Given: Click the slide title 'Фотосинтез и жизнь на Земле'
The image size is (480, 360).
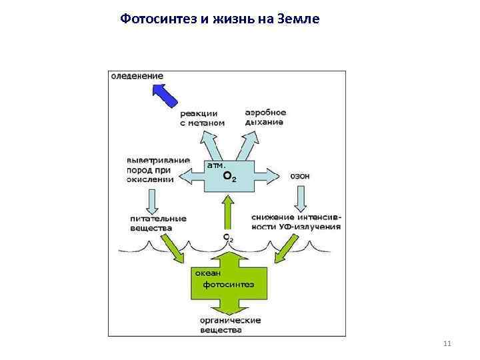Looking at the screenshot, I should point(220,19).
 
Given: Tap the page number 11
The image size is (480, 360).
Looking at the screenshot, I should point(447,343).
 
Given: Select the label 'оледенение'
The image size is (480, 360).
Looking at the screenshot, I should point(137,76).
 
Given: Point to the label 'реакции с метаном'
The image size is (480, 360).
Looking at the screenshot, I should point(202,118).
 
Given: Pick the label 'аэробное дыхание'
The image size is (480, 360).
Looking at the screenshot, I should point(265,117).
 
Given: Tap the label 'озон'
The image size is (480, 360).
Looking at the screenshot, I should point(300,177).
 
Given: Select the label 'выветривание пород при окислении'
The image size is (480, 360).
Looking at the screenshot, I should point(158,169).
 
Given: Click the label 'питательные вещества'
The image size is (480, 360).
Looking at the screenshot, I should point(158,223).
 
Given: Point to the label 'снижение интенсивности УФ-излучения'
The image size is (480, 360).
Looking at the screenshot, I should point(296,221).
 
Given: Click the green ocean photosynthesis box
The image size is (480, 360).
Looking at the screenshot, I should point(228,283).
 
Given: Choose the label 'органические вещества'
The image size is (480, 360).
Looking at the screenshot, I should point(230,325).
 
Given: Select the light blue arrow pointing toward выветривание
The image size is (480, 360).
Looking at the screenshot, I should point(191,177).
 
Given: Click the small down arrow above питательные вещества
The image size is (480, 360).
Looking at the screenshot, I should point(152,199).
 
